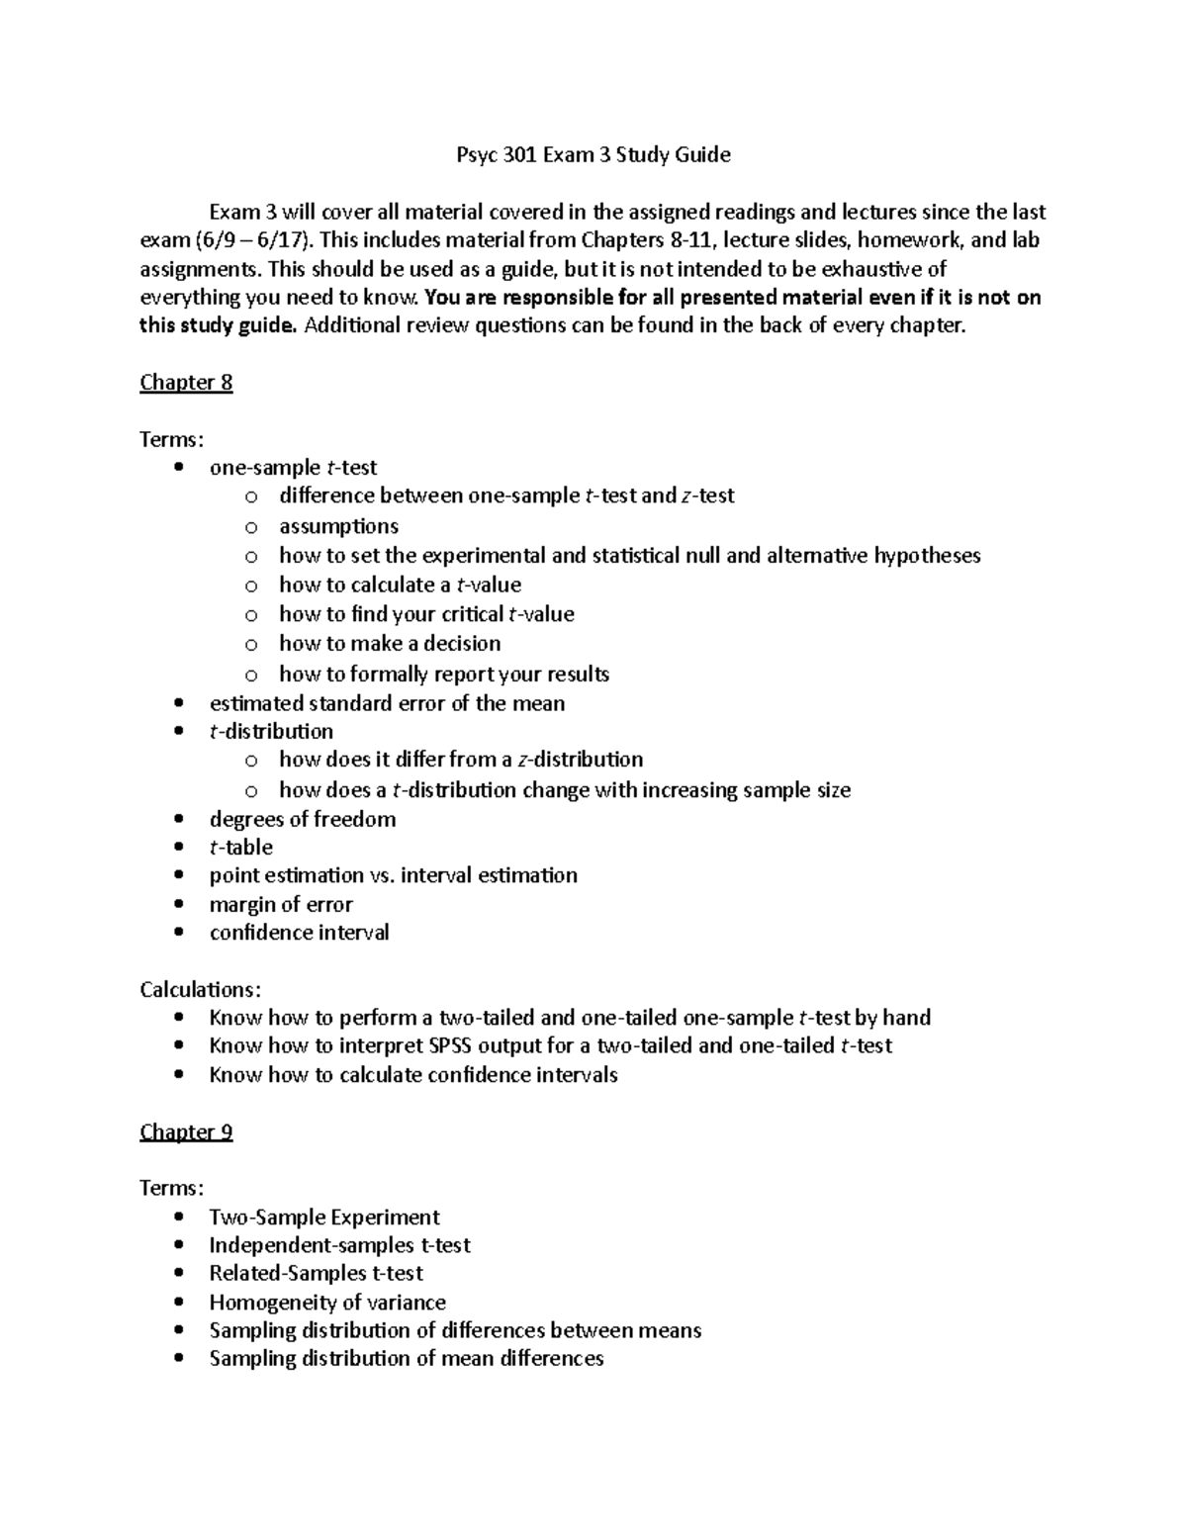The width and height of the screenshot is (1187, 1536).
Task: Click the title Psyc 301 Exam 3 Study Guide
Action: tap(593, 154)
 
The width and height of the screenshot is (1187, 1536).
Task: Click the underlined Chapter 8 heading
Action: tap(186, 383)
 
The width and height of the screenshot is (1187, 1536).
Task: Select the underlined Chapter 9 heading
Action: tap(186, 1131)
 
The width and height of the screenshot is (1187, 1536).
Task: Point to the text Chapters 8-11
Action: tap(652, 240)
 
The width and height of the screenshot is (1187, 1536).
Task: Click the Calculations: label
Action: tap(201, 990)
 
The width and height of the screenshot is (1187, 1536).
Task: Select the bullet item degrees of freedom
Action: tap(303, 819)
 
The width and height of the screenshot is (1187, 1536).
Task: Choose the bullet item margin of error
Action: tap(281, 904)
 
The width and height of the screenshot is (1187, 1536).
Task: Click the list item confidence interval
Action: tap(299, 933)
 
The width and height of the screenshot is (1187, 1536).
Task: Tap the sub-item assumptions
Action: tap(338, 526)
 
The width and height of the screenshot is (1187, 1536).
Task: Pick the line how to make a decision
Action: tap(390, 644)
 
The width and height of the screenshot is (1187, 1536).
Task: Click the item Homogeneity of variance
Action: tap(327, 1303)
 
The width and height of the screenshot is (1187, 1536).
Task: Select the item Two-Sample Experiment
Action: tap(324, 1218)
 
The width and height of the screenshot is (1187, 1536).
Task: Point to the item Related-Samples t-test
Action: tap(316, 1274)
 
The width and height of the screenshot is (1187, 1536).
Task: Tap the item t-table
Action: tap(240, 848)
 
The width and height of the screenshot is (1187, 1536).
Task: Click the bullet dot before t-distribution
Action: tap(178, 732)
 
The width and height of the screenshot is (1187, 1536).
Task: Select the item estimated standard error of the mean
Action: tap(387, 703)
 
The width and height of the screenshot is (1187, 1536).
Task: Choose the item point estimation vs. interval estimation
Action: tap(393, 875)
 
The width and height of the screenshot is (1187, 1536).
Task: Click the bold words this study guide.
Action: tap(218, 326)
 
